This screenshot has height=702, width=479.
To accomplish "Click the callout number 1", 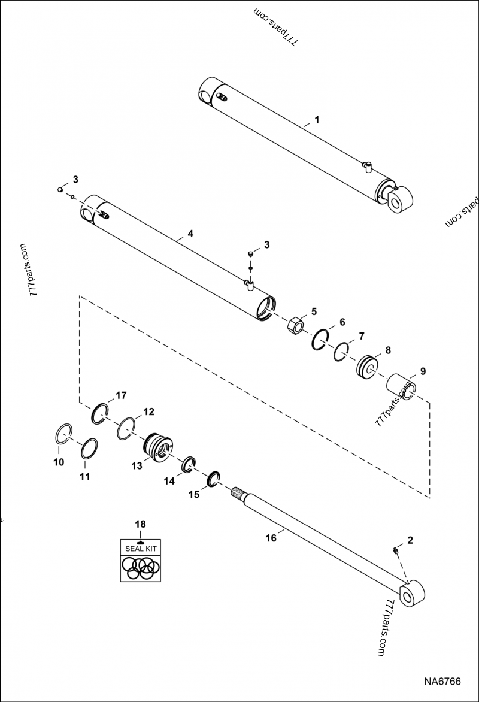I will coord(317,119).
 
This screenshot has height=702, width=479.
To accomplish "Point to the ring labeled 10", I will coord(63,433).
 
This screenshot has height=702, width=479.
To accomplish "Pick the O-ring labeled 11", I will coord(88,449).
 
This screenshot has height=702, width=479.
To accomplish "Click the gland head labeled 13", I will coord(157,446).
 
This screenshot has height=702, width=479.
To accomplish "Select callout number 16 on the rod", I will coord(271,538).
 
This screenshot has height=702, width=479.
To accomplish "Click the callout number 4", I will coord(190,234).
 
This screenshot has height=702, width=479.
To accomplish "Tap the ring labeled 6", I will coord(320,339).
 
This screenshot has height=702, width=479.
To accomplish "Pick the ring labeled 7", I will coord(342,352).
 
